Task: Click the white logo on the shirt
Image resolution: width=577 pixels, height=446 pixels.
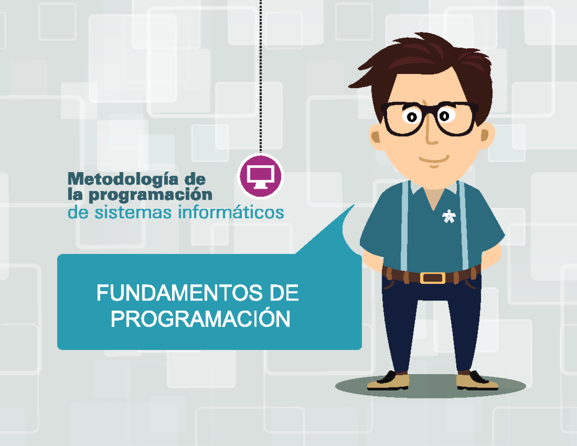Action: click(448, 217)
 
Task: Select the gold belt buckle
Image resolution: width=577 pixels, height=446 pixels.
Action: click(433, 278)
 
